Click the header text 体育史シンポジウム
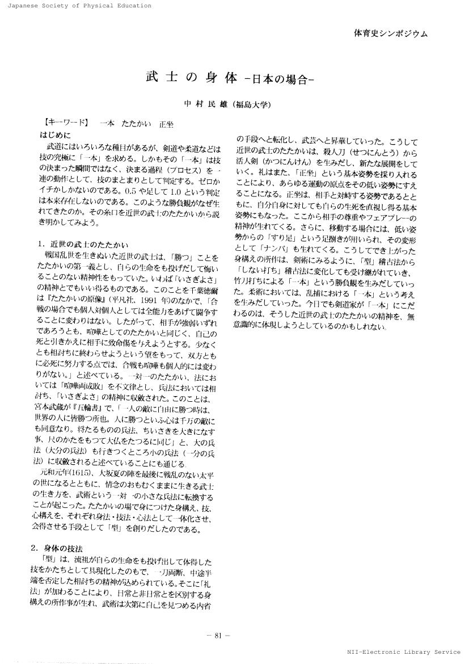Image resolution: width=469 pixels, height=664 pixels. click(x=390, y=33)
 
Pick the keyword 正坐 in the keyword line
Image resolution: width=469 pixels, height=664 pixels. click(x=166, y=123)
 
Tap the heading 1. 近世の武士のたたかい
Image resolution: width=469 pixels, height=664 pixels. click(x=83, y=245)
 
